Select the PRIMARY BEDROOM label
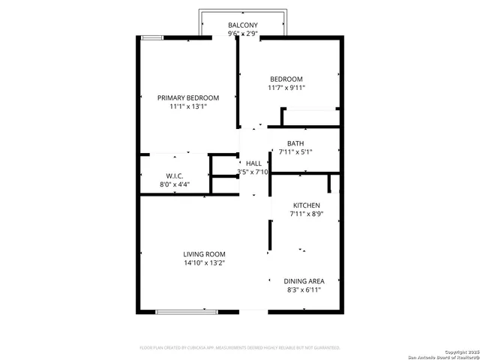(x=187, y=97)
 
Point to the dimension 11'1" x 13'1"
(x=187, y=107)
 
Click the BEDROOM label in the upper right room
(x=286, y=79)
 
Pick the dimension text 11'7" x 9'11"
(x=286, y=88)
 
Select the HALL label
(x=253, y=163)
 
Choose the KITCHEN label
(x=305, y=205)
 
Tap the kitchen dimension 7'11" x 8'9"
(x=305, y=214)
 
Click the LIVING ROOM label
(x=205, y=254)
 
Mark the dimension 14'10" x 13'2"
(x=205, y=263)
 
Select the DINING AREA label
(x=304, y=281)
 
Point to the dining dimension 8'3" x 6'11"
(x=304, y=290)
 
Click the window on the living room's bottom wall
(x=187, y=311)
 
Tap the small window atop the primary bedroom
(x=151, y=37)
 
